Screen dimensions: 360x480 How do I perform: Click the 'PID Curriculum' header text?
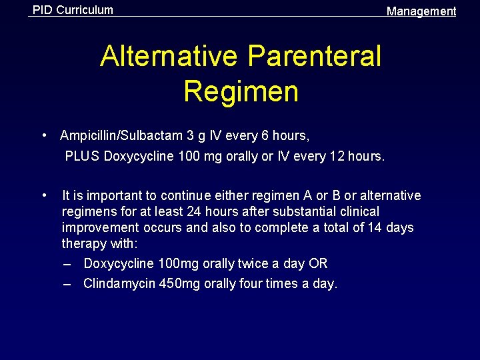tap(73, 10)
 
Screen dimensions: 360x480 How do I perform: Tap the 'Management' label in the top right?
tap(421, 11)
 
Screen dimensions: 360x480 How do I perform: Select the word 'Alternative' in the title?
tap(169, 57)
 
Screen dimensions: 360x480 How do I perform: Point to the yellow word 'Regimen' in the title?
tap(241, 91)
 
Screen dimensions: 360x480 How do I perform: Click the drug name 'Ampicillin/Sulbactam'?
tap(121, 136)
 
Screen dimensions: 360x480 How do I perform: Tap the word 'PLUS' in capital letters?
tap(82, 157)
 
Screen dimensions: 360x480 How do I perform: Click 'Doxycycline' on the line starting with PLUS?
tap(136, 157)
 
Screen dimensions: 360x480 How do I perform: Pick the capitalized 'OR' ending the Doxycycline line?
tap(318, 264)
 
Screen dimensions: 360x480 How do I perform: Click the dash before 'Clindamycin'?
tap(67, 284)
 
